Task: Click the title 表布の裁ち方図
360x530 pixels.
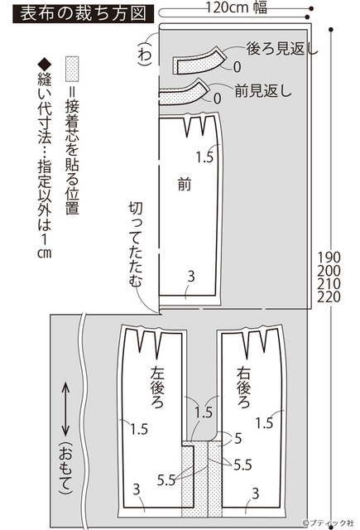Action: tap(83, 14)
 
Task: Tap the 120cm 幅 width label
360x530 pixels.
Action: tap(237, 7)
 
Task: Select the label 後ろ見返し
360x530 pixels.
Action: tap(282, 49)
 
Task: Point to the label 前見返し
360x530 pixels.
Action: tap(262, 90)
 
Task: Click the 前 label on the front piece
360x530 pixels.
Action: tap(185, 185)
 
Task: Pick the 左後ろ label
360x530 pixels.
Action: tap(157, 387)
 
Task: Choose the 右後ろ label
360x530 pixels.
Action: tap(243, 387)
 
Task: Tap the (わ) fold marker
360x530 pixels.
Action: tap(145, 54)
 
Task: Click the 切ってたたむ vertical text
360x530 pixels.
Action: tap(136, 244)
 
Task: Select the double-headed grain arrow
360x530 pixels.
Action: tap(66, 409)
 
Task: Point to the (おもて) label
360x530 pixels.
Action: tap(66, 468)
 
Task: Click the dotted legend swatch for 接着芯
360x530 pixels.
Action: tap(72, 69)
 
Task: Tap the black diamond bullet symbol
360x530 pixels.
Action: tap(45, 65)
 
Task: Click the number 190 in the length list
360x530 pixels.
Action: tap(329, 258)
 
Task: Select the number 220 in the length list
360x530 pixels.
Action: tap(329, 296)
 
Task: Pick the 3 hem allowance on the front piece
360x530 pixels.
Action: tap(191, 277)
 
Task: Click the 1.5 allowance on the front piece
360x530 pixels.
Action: tap(205, 157)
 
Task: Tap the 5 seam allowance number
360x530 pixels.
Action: tap(238, 438)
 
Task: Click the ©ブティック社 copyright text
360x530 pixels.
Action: tap(328, 523)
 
